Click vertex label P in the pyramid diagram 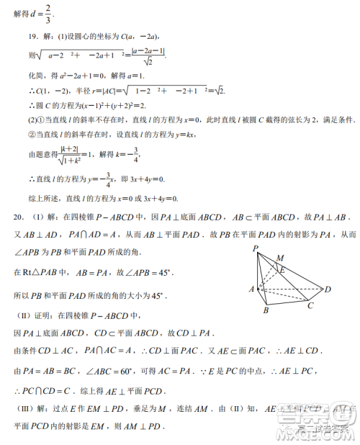coord(256,248)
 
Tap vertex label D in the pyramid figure coord(328,289)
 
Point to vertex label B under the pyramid coord(266,311)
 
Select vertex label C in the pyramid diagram coord(310,305)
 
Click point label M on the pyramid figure coord(279,258)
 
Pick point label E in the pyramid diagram coord(282,270)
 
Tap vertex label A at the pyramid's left coord(251,288)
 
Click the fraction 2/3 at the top coord(48,12)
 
